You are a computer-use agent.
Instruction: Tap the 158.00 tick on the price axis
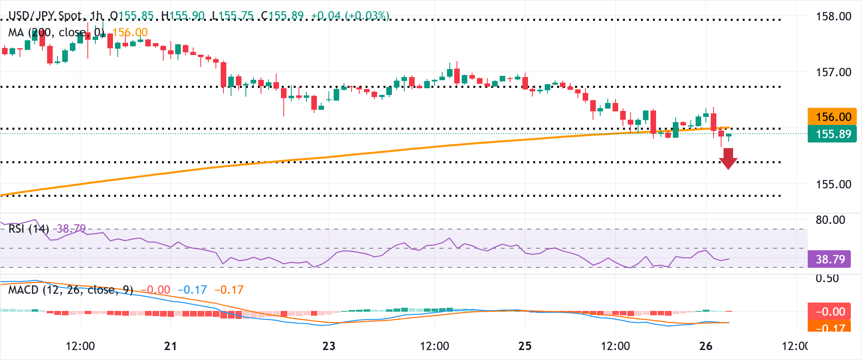pos(834,16)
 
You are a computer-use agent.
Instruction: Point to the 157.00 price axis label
pos(834,72)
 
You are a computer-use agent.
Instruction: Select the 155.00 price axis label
pos(834,184)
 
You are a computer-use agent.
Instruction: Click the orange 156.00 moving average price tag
pos(832,117)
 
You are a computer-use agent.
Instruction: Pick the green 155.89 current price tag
pos(832,134)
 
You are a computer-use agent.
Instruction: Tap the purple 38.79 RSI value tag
pos(830,259)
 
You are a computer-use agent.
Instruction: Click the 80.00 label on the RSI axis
pos(830,220)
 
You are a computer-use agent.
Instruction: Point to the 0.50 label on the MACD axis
pos(827,279)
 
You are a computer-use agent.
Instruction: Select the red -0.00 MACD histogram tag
pos(829,311)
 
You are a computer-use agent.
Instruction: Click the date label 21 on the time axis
pos(170,346)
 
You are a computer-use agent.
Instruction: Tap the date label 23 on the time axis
pos(329,346)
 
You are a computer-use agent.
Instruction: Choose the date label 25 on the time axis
pos(525,346)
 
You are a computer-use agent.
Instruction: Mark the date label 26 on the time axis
pos(706,346)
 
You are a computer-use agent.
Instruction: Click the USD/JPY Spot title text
pos(45,16)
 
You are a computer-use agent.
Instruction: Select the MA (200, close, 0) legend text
pos(56,32)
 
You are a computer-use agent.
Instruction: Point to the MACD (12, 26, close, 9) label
pos(71,290)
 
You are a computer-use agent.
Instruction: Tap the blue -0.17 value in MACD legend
pos(192,290)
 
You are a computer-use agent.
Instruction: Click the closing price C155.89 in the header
pos(282,16)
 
